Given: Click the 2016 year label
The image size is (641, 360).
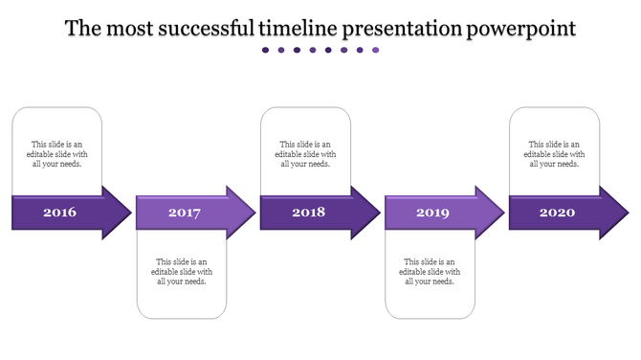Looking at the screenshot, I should pos(59,212).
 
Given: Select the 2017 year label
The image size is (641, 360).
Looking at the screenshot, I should pos(184,213).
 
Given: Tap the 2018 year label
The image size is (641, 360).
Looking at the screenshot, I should pos(308,212).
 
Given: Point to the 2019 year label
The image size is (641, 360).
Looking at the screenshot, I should pos(432,213).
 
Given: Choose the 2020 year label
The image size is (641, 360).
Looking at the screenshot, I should pos(557,212).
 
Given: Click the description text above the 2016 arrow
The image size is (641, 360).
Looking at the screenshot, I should pos(57,154).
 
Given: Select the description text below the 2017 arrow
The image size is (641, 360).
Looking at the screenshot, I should pos(182,271).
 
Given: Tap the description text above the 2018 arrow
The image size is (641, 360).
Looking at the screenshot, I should pos(306,154).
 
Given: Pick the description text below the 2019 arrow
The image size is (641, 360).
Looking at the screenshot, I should pos(430,271).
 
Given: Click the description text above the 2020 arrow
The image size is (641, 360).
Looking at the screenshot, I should pos(555,154).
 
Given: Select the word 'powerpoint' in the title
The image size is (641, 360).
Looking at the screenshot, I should pos(521,29).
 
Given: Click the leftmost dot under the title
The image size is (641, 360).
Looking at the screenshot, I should pos(266,51).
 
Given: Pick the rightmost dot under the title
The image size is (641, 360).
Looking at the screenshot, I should pos(376,51).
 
